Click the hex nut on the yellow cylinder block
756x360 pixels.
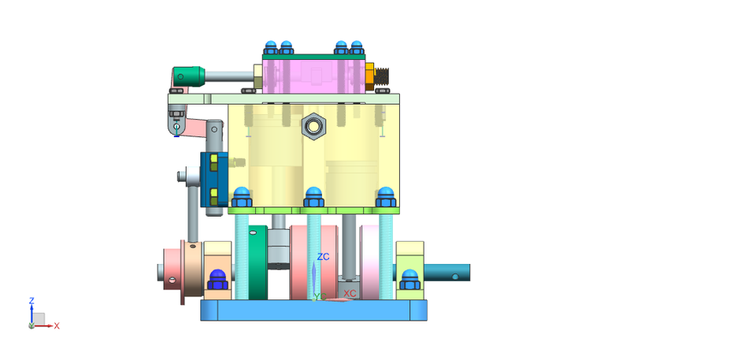313,125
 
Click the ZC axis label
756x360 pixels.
323,257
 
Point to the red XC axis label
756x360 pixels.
350,293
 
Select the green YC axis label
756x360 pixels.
317,296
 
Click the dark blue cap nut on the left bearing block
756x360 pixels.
217,279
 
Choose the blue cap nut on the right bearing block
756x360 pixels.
409,279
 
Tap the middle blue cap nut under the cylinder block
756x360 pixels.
313,197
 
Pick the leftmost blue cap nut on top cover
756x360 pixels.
271,47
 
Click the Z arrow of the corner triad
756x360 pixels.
31,310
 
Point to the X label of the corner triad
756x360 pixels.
57,325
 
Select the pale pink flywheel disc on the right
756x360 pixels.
369,262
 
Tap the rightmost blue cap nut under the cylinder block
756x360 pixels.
385,197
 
